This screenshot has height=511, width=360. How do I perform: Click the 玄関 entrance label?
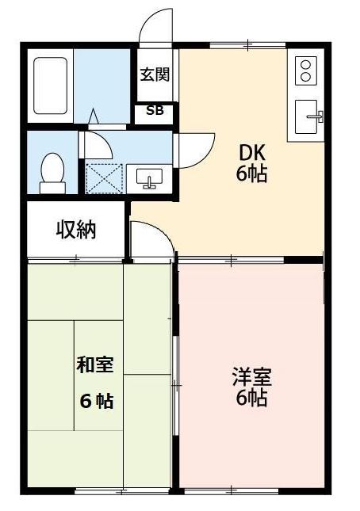click(154, 75)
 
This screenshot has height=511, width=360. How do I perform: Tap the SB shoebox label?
click(154, 111)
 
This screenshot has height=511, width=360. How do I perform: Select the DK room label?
click(251, 153)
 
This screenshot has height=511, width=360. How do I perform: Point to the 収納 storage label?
click(76, 231)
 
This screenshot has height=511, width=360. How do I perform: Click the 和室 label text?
click(94, 365)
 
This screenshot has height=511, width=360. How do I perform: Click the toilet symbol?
click(53, 170)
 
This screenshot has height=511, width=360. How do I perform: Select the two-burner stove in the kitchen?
click(306, 71)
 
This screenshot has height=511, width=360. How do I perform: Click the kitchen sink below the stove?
click(309, 118)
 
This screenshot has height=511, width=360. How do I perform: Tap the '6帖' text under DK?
click(251, 174)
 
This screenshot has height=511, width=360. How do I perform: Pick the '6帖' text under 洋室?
click(251, 397)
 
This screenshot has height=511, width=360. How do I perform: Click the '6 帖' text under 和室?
click(95, 401)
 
